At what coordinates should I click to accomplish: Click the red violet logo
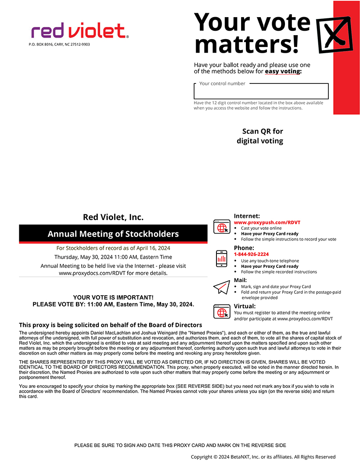pos(79,31)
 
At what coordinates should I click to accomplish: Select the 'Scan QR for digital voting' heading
pos(260,136)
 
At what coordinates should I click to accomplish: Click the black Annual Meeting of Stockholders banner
pos(113,234)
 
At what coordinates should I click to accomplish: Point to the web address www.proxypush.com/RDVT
pos(267,223)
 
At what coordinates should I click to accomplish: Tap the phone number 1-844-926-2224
pos(251,254)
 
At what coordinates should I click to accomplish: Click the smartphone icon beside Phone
pos(222,258)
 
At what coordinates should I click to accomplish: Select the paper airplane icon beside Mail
pos(222,287)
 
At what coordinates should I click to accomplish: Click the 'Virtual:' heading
pos(245,306)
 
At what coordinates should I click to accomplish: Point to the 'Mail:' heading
pos(240,280)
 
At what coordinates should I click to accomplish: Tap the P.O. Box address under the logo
pos(59,44)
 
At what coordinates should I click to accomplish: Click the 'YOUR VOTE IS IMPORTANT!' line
pos(113,297)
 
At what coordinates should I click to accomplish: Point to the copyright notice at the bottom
pos(263,457)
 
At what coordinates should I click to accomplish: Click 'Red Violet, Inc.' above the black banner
pos(113,217)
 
